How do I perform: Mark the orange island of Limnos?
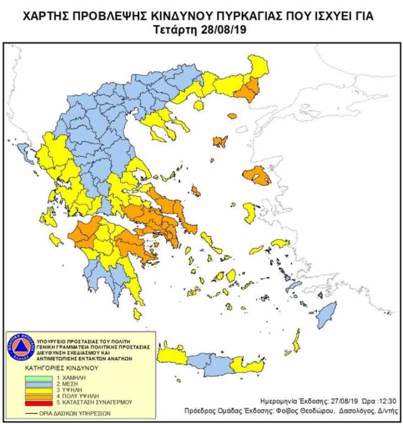(221, 141)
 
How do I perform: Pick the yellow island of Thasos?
(199, 106)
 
